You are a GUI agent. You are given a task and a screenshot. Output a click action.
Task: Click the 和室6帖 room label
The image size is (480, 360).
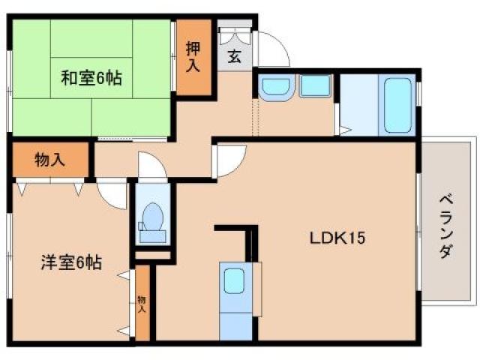[x=91, y=76]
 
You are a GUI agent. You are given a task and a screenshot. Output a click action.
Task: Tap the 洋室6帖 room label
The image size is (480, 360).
[x=71, y=263]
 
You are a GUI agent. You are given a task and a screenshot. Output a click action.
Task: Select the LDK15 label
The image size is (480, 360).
[x=337, y=239]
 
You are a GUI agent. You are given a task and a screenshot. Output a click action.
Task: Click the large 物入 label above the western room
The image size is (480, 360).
[x=49, y=159]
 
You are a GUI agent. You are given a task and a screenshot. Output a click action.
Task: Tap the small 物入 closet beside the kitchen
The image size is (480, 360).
[x=142, y=303]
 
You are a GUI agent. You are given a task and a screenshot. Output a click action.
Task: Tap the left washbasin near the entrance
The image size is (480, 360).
[x=274, y=87]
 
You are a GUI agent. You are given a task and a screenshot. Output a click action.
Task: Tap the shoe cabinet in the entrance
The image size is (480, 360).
[x=235, y=36]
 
